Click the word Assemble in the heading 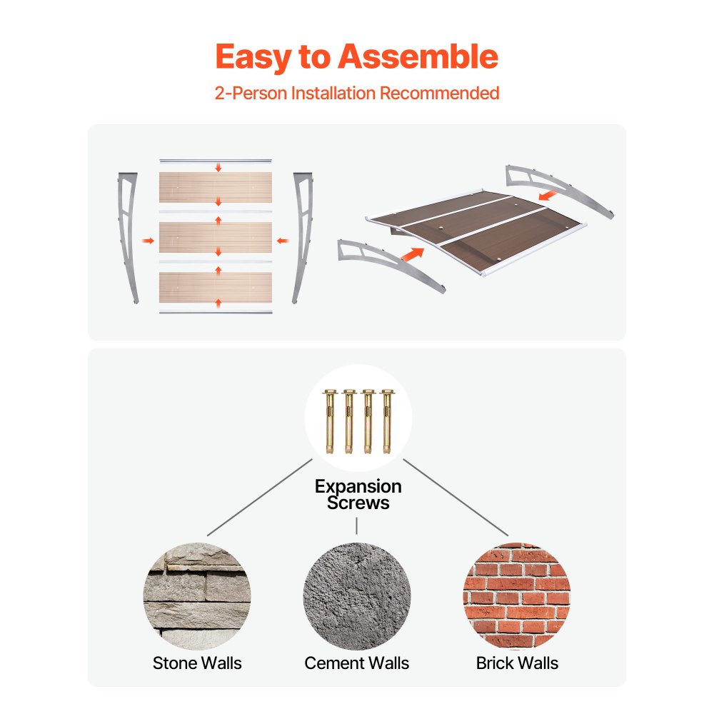418,56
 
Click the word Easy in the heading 253,58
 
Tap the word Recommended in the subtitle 439,93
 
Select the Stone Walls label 197,663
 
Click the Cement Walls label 356,663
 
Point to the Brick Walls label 517,663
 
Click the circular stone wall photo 197,596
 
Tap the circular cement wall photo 357,596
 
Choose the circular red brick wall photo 517,596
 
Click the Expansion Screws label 358,495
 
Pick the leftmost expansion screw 329,421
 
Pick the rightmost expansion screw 388,421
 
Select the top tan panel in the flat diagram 216,187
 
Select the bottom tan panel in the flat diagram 216,287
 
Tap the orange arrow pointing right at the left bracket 148,241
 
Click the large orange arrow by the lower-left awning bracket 413,254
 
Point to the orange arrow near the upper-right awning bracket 548,196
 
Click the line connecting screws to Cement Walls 356,526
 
